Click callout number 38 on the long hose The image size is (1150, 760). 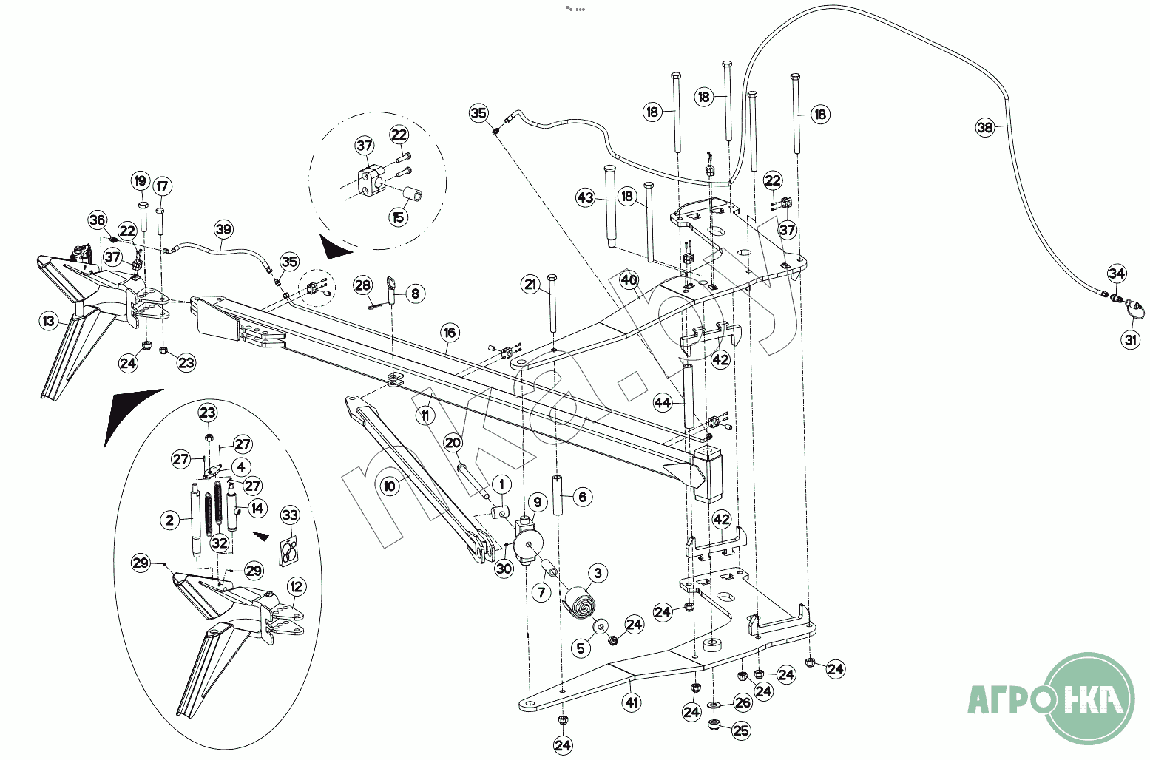pos(984,128)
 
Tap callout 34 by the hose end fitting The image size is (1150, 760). pos(1117,274)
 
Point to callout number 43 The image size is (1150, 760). pos(585,197)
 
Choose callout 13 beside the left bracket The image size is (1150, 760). pos(48,321)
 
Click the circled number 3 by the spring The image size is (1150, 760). pos(597,573)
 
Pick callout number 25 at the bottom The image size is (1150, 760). pos(740,730)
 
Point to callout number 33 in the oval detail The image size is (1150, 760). pos(290,515)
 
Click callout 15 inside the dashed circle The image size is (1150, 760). pos(399,217)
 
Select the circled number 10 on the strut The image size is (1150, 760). pos(390,486)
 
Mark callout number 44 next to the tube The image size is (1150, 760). pos(663,403)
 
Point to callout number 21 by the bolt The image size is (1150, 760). pos(530,284)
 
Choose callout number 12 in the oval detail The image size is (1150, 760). pos(296,587)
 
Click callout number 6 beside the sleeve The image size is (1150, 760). pos(582,497)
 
